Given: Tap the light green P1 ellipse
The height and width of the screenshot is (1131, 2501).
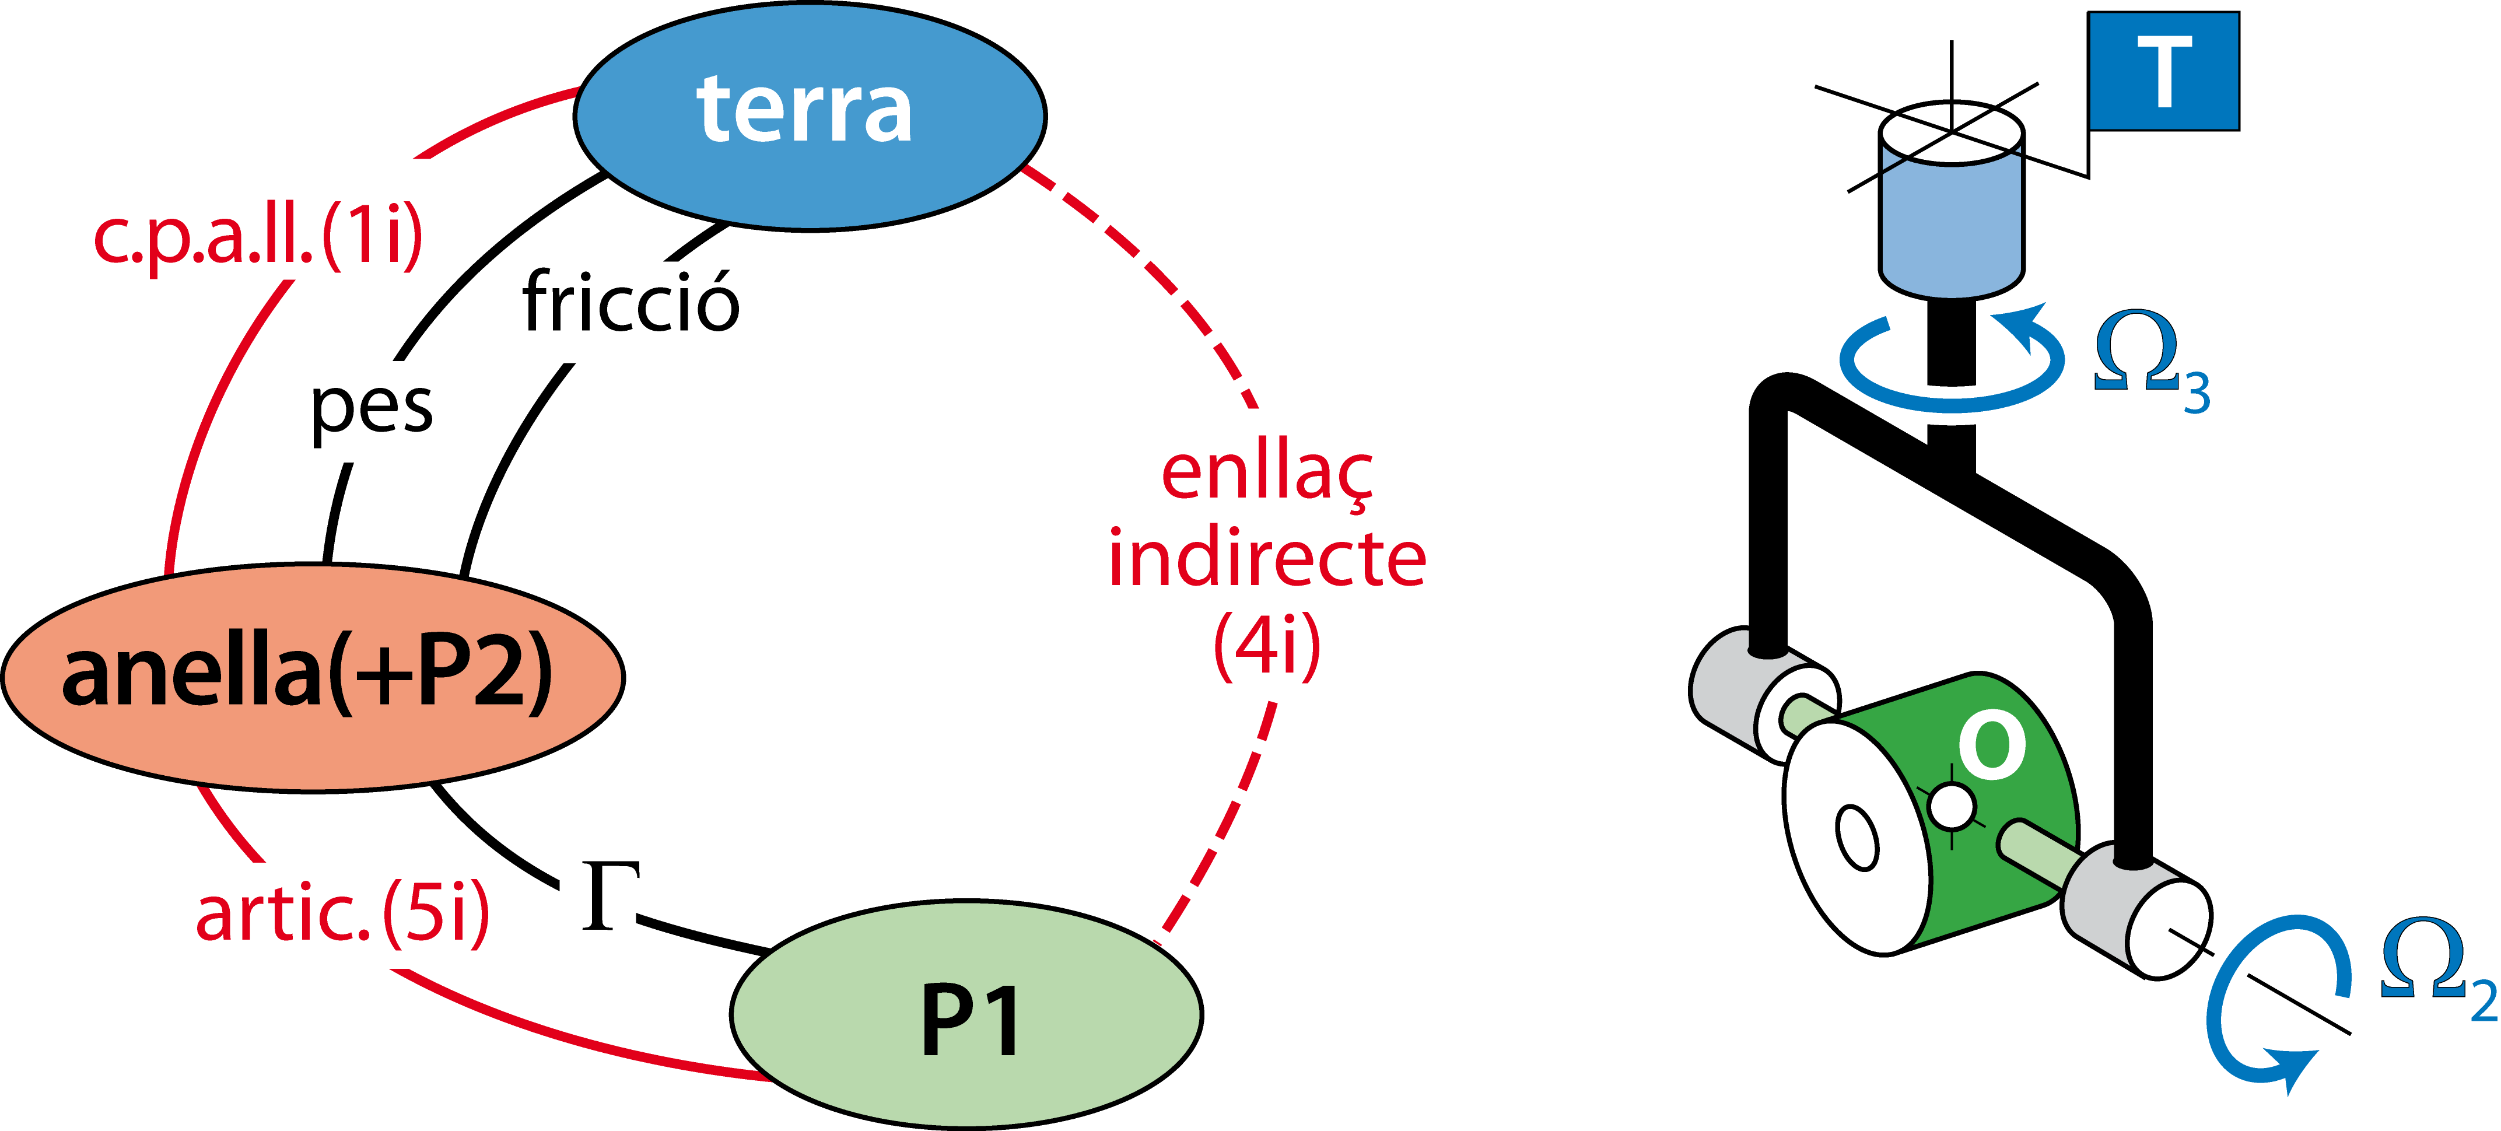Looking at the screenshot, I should pos(966,1014).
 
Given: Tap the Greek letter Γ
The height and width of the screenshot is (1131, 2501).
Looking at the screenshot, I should pos(610,895).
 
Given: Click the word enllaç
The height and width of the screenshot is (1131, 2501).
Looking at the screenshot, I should pos(1267,474).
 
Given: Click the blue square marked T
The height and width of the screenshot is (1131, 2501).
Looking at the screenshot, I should pos(2163,71).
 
